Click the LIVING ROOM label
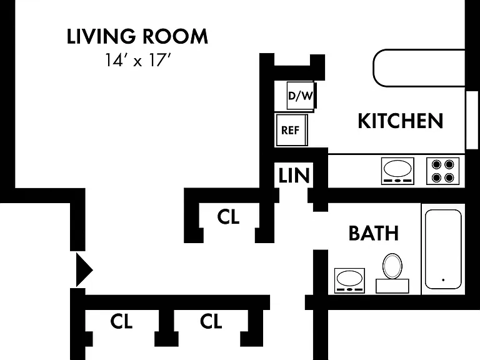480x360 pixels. (x=137, y=36)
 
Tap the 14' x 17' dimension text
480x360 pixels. (x=137, y=60)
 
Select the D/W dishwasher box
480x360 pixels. (x=300, y=96)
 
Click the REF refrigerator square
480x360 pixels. (x=291, y=130)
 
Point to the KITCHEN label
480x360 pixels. (x=401, y=121)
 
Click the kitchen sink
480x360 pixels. (x=397, y=171)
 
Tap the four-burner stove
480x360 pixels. (x=442, y=171)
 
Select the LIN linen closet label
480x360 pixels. (x=294, y=176)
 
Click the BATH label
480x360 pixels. (x=374, y=233)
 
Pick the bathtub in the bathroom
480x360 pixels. (x=443, y=249)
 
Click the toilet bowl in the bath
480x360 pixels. (x=392, y=266)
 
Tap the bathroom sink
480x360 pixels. (x=349, y=281)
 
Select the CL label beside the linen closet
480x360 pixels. (x=228, y=217)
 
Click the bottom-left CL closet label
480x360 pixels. (x=121, y=321)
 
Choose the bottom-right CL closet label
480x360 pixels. (x=211, y=321)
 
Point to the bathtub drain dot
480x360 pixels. (x=443, y=280)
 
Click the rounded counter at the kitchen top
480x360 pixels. (x=419, y=67)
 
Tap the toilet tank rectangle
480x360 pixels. (x=392, y=286)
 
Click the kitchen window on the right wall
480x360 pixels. (x=472, y=120)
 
